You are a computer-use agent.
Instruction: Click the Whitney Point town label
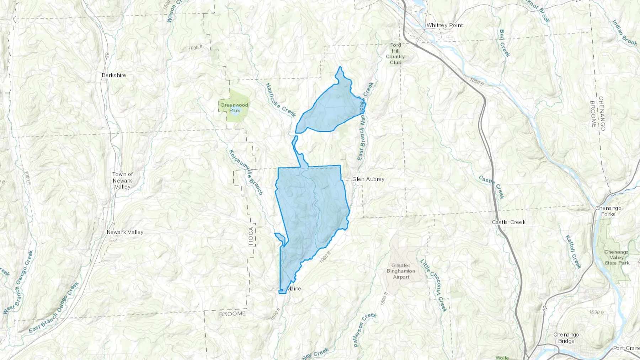444,25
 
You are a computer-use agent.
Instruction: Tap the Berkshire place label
114,75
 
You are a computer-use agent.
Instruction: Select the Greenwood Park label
234,108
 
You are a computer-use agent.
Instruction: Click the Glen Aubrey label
368,179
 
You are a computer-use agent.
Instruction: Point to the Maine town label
294,289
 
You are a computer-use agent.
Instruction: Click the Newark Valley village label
125,232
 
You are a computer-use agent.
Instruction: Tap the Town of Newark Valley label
122,181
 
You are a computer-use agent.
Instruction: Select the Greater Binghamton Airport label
401,271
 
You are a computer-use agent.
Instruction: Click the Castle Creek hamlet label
508,222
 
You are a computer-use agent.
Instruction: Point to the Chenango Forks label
608,211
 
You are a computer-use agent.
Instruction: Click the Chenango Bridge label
566,338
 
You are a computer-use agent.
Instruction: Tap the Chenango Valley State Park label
617,257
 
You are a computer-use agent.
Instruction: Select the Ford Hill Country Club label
395,54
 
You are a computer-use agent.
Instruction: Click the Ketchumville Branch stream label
246,172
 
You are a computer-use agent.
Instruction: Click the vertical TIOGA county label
251,236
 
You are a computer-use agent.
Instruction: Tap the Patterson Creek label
365,330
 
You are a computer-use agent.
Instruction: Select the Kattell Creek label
573,252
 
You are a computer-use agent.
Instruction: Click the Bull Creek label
504,43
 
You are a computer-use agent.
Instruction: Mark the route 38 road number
107,56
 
